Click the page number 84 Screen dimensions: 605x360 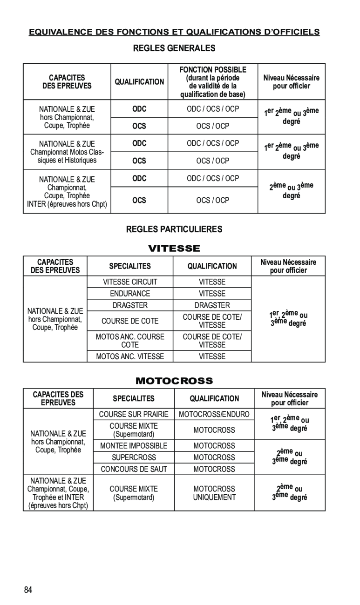click(28, 590)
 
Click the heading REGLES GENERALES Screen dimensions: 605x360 click(174, 48)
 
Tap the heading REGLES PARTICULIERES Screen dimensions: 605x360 click(174, 229)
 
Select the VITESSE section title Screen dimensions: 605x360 click(174, 249)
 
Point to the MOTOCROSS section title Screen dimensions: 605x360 click(174, 381)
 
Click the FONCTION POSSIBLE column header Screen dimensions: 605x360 click(213, 70)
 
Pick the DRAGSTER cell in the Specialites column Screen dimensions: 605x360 click(130, 305)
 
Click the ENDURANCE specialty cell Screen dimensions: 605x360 click(130, 294)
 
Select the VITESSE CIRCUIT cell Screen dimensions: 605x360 click(130, 282)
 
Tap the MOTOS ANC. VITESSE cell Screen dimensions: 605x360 click(130, 356)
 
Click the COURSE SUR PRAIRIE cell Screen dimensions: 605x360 click(134, 414)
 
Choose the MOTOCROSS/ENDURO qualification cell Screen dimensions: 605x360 click(214, 414)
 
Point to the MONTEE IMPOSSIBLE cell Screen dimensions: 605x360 click(134, 446)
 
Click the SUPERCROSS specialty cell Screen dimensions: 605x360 click(134, 457)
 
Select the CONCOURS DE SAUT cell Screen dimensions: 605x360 click(134, 469)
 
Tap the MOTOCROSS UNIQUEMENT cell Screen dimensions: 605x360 click(214, 493)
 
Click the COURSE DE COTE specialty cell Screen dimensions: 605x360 click(130, 321)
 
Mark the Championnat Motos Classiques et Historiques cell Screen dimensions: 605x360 click(67, 152)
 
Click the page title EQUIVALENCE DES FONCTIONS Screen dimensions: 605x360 click(174, 32)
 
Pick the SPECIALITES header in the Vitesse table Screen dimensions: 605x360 click(130, 266)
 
